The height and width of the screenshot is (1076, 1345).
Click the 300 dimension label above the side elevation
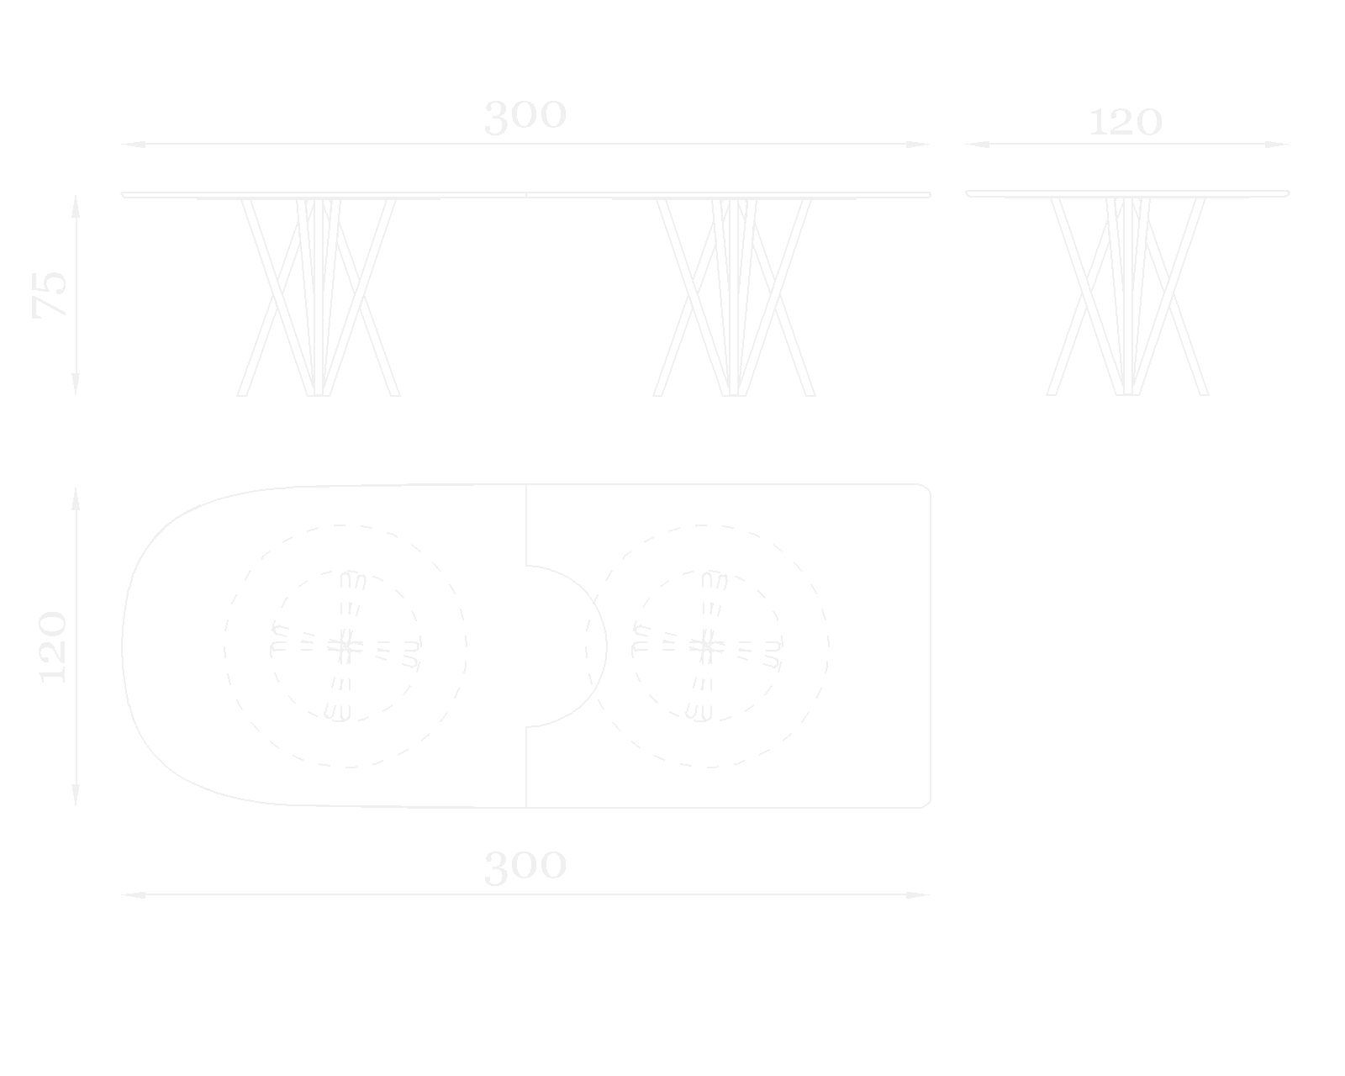click(525, 117)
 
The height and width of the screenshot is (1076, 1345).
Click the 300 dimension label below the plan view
click(525, 867)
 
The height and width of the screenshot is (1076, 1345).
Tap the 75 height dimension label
click(50, 294)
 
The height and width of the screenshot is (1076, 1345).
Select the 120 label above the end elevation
click(1126, 123)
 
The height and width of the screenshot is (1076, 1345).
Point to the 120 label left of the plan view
click(52, 646)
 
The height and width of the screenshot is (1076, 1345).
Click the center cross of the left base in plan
click(345, 646)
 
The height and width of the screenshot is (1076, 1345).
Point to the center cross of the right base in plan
click(706, 646)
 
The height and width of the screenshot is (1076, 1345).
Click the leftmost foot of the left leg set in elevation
click(242, 393)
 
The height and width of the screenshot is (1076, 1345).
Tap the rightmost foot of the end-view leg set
click(1204, 393)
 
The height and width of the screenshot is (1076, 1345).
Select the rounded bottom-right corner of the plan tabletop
click(926, 803)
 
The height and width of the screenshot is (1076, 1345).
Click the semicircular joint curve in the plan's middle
click(604, 646)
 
